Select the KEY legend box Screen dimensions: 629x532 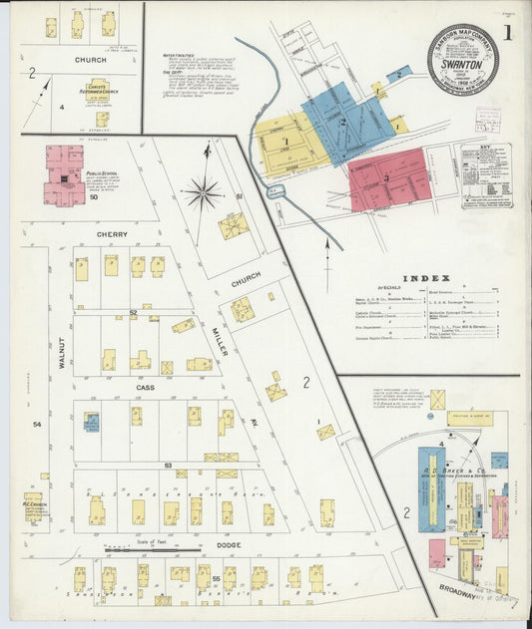coord(485,175)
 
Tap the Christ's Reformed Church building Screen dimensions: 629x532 coord(96,91)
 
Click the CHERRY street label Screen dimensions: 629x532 coord(113,235)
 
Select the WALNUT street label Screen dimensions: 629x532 coord(62,352)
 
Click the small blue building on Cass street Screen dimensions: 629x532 coord(92,422)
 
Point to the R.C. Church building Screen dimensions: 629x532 coord(33,507)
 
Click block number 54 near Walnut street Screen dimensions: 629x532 coord(38,425)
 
